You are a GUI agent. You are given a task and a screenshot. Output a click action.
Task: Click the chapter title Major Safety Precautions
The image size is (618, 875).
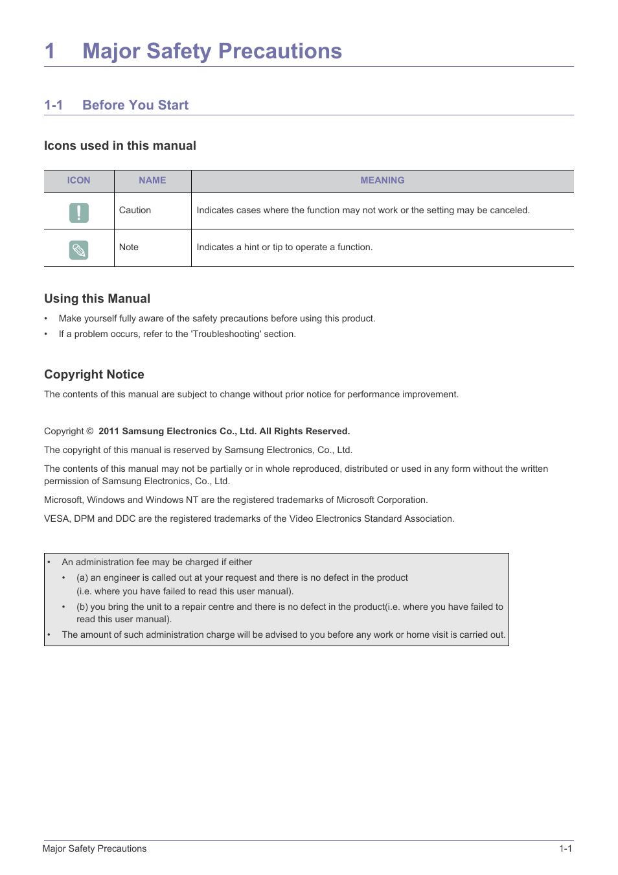[x=212, y=51]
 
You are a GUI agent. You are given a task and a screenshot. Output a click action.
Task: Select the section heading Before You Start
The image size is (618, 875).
[x=135, y=105]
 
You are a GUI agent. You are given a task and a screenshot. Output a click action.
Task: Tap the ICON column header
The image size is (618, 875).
[x=78, y=181]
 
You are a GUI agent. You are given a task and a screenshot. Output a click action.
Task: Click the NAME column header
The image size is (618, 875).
[x=152, y=181]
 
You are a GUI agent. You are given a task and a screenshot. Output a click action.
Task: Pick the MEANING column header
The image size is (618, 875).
[x=382, y=181]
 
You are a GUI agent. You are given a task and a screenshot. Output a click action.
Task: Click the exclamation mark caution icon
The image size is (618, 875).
[x=79, y=213]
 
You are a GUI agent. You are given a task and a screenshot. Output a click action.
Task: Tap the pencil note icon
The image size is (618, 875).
[x=79, y=250]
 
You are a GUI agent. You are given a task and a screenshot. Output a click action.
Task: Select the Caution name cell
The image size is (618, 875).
[x=135, y=211]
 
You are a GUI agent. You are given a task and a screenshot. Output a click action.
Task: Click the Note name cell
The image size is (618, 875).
[x=129, y=248]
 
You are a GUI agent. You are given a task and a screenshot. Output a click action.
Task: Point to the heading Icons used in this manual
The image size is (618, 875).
[x=120, y=146]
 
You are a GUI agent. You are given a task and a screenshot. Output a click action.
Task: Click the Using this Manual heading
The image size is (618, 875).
[x=97, y=299]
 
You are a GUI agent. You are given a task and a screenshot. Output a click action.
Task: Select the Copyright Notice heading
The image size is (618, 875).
[x=94, y=375]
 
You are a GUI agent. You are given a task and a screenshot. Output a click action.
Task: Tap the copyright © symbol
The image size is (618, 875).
[x=90, y=432]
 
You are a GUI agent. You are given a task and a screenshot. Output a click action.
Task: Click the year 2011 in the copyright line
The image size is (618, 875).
[x=109, y=432]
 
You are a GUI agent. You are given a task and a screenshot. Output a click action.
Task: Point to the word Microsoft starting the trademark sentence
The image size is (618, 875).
[x=63, y=500]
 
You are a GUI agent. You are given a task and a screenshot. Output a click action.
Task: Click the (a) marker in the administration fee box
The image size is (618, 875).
[x=82, y=578]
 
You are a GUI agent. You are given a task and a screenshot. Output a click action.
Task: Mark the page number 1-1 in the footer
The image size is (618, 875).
[x=566, y=849]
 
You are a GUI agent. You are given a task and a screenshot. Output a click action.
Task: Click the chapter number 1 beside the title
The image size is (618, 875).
[x=50, y=51]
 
